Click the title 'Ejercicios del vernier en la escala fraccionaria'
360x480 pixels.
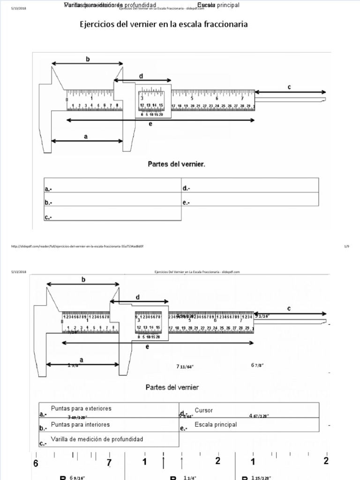[164, 24]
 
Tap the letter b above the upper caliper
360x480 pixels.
[87, 59]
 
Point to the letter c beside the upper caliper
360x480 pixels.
[289, 87]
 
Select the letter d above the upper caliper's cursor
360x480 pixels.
[141, 76]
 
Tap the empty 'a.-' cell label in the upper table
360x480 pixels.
[48, 189]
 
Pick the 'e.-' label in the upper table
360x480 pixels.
[186, 202]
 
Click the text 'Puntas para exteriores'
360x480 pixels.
[81, 409]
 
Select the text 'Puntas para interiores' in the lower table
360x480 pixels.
[80, 424]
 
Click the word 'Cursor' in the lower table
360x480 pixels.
[203, 410]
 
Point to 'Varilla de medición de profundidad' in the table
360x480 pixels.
[97, 439]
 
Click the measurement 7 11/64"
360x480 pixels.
[185, 367]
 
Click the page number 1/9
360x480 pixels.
[347, 246]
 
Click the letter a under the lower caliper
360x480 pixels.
[82, 360]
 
